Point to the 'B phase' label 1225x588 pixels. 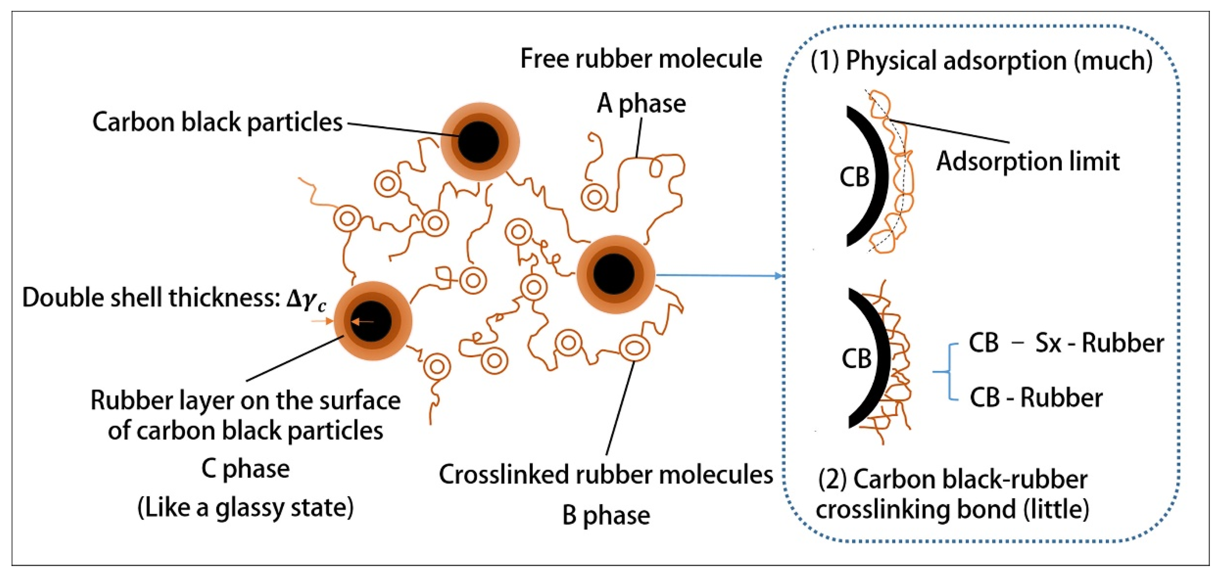tap(605, 515)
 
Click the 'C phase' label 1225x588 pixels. tap(246, 469)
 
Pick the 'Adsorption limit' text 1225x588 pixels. tap(1027, 162)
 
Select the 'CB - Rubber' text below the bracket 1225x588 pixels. tap(1036, 398)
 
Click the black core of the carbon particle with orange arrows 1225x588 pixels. tap(372, 322)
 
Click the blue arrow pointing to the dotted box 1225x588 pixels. tap(718, 275)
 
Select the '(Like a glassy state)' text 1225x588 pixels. tap(246, 507)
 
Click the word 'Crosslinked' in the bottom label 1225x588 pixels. tap(504, 474)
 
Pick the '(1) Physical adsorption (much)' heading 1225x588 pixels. tap(981, 61)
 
